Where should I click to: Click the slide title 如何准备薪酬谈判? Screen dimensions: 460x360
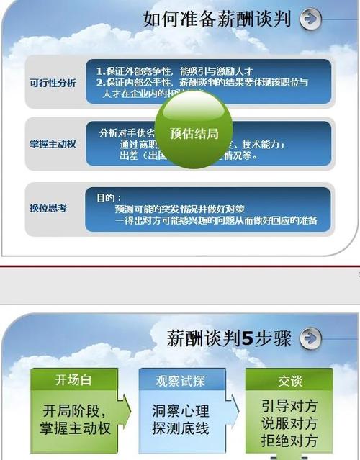(216, 19)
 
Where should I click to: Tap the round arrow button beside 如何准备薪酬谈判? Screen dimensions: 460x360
(310, 19)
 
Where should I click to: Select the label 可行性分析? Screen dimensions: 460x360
(53, 82)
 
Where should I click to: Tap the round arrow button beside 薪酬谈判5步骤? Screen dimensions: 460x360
(310, 337)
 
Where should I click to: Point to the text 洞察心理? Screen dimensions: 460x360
(181, 412)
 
